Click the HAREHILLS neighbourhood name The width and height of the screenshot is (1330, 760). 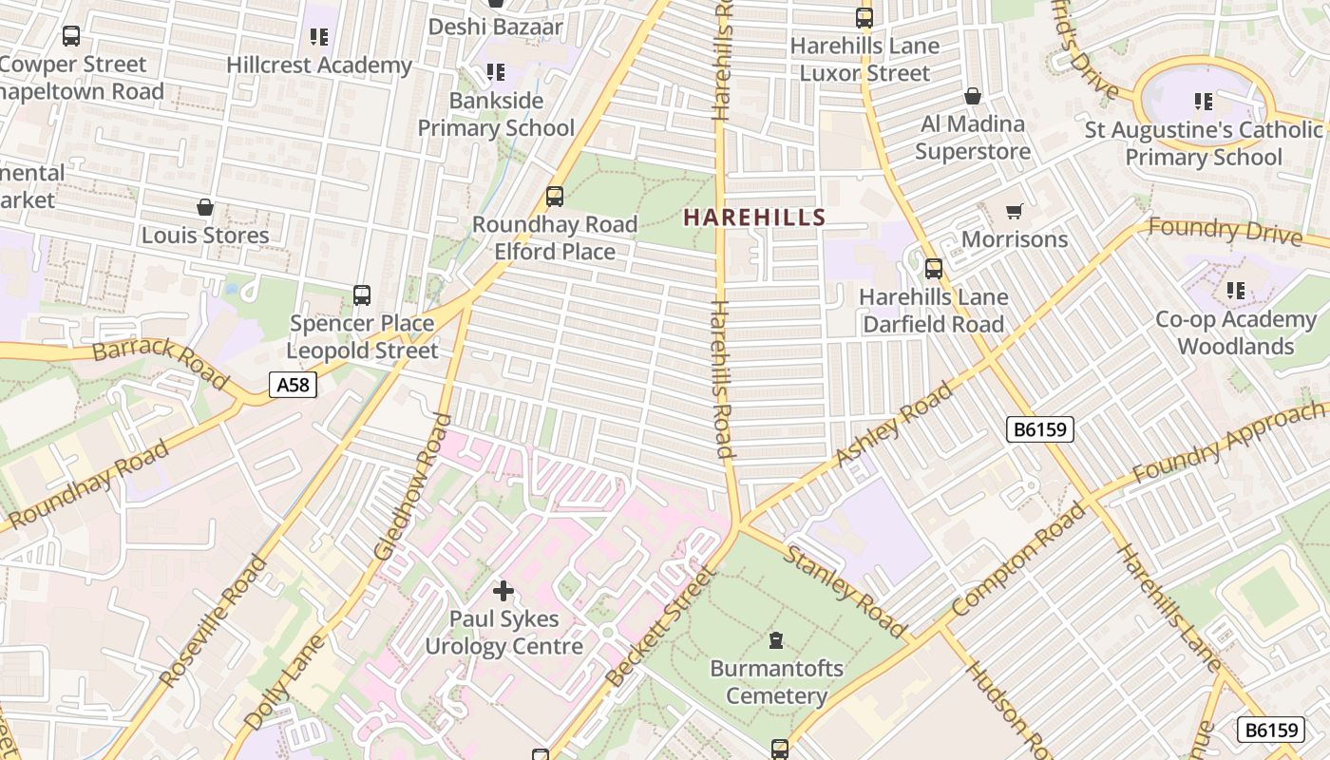(x=754, y=217)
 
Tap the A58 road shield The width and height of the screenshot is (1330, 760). (x=292, y=385)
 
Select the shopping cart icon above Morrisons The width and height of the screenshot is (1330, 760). (x=1015, y=211)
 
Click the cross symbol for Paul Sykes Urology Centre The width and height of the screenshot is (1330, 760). (x=503, y=591)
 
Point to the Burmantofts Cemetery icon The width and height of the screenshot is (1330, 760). (x=776, y=640)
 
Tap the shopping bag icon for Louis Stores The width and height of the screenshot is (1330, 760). (x=205, y=207)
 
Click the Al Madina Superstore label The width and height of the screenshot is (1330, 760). (x=973, y=138)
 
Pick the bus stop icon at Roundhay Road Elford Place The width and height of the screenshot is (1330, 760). (x=555, y=197)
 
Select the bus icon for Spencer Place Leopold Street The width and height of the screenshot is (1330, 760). (x=362, y=294)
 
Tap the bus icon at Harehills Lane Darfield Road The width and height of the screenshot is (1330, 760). (x=934, y=269)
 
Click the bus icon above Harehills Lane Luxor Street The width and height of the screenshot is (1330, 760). (x=864, y=17)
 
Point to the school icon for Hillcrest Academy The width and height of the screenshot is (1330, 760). (x=319, y=37)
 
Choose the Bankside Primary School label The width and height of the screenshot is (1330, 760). (x=496, y=114)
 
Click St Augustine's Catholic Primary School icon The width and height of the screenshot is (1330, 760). (x=1204, y=101)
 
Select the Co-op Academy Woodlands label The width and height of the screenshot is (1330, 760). (x=1235, y=332)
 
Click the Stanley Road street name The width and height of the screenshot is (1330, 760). (x=845, y=591)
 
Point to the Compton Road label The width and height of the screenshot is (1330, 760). (x=1018, y=560)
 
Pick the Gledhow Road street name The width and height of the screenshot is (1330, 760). (x=411, y=486)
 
